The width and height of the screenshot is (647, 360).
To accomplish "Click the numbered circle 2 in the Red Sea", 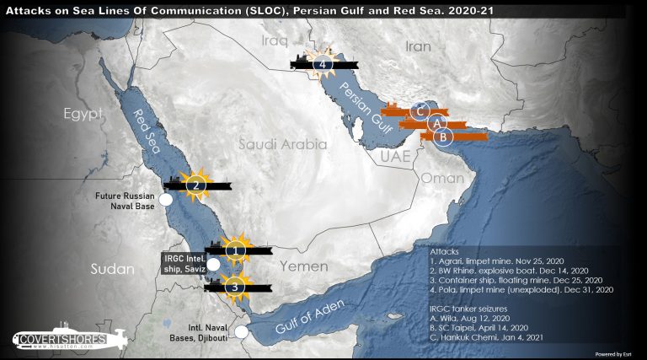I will click(x=195, y=185).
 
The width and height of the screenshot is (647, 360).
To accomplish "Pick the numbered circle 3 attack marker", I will click(x=237, y=286).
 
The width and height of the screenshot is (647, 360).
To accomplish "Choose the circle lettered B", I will click(x=445, y=136).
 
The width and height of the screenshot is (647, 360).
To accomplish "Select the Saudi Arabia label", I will click(x=282, y=144).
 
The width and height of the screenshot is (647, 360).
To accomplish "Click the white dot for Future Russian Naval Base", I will click(x=166, y=200).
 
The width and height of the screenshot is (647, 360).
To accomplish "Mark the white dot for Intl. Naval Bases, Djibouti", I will click(x=242, y=331).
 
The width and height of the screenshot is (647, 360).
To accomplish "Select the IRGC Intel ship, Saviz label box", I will click(x=183, y=262).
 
